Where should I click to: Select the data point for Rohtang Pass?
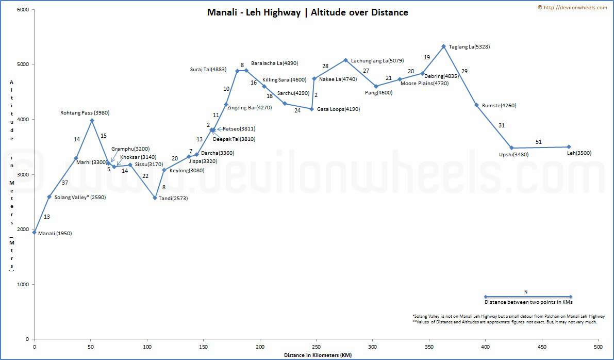pyautogui.click(x=92, y=121)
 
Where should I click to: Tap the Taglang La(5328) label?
pyautogui.click(x=469, y=46)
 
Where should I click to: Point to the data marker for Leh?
pyautogui.click(x=569, y=147)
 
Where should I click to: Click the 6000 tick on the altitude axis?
pyautogui.click(x=22, y=9)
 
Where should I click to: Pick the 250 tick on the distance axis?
pyautogui.click(x=316, y=347)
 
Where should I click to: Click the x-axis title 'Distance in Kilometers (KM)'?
pyautogui.click(x=317, y=355)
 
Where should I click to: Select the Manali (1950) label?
pyautogui.click(x=55, y=233)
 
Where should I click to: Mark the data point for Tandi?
pyautogui.click(x=155, y=198)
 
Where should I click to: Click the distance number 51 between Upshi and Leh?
pyautogui.click(x=539, y=142)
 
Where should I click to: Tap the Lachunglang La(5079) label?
pyautogui.click(x=377, y=60)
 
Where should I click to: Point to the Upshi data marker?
pyautogui.click(x=511, y=148)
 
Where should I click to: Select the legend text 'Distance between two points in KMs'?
pyautogui.click(x=528, y=302)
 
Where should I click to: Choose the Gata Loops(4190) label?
pyautogui.click(x=338, y=109)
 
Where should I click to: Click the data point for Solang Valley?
pyautogui.click(x=49, y=197)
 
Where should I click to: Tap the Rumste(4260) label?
pyautogui.click(x=499, y=106)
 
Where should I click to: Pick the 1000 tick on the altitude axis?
pyautogui.click(x=22, y=284)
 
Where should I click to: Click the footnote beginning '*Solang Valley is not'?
pyautogui.click(x=505, y=316)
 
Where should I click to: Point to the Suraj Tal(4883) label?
pyautogui.click(x=208, y=69)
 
